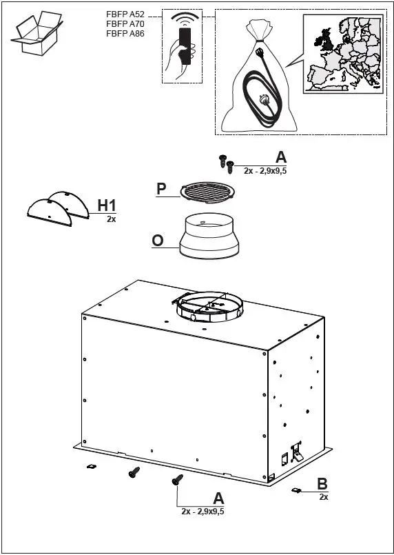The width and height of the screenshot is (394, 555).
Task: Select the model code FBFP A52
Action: coord(125,14)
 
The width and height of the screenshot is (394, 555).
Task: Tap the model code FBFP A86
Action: coord(125,33)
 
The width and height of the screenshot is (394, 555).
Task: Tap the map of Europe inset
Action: coord(342,53)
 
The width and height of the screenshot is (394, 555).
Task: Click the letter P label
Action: coord(161,188)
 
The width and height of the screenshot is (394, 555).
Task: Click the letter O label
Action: coord(158,240)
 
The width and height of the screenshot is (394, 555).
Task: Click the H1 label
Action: coord(107,205)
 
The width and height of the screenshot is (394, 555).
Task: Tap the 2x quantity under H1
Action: coord(111,219)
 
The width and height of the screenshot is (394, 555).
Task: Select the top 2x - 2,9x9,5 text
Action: coord(265,170)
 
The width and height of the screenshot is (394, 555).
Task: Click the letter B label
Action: coord(322,484)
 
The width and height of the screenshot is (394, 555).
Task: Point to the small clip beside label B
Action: coord(296,490)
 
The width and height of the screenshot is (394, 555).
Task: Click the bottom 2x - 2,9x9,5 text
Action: coord(203,511)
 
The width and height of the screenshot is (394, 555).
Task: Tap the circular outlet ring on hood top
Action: coord(207,307)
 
